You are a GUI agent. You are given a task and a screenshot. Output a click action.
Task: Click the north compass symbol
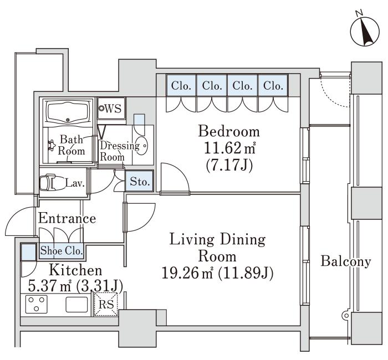click(x=365, y=32)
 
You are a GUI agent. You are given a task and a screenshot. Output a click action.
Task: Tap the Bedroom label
click(x=229, y=132)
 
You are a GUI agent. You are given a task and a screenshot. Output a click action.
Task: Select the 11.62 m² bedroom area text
click(x=229, y=148)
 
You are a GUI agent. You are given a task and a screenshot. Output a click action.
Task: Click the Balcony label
click(x=346, y=261)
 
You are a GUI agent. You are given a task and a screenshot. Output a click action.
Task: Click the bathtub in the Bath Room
click(x=68, y=113)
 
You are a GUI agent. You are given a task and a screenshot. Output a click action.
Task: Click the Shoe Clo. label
click(x=62, y=251)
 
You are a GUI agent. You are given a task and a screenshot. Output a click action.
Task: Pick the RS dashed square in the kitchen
click(x=106, y=304)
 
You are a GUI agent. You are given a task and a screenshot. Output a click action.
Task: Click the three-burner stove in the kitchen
click(x=37, y=304)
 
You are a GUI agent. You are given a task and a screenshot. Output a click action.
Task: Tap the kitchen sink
click(x=76, y=305)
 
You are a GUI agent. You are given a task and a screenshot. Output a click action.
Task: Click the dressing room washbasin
click(x=141, y=146)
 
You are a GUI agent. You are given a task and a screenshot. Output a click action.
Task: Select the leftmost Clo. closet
click(x=181, y=85)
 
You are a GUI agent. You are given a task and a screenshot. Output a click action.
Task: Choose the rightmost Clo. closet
click(x=273, y=85)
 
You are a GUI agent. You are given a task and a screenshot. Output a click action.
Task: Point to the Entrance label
click(x=67, y=219)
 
